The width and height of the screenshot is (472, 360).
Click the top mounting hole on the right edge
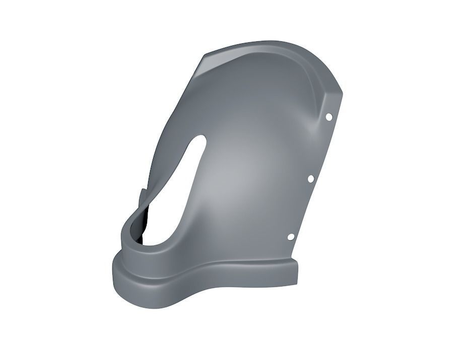[328, 117]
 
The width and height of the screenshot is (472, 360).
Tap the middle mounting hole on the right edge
[311, 179]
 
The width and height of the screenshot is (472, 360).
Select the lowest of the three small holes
[291, 237]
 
